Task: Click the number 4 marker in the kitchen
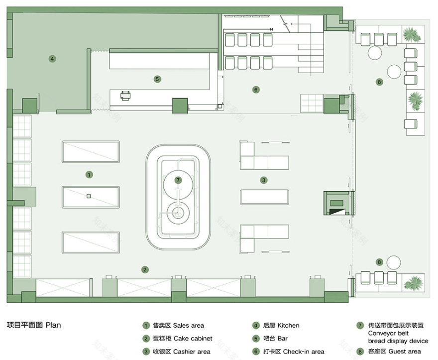[52, 59]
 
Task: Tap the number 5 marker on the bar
[157, 79]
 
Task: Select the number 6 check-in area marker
[256, 90]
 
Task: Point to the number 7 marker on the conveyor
[178, 180]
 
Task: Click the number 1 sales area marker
[89, 175]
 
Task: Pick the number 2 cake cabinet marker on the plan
[145, 269]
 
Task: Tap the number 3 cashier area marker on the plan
[264, 180]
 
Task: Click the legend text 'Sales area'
[188, 326]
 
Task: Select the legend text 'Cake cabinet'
[193, 339]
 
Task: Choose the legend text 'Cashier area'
[192, 352]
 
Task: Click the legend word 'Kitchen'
[288, 326]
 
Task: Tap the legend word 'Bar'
[283, 339]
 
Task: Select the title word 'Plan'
[53, 325]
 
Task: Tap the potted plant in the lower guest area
[413, 284]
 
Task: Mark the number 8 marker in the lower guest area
[379, 262]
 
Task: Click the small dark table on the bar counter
[125, 95]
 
